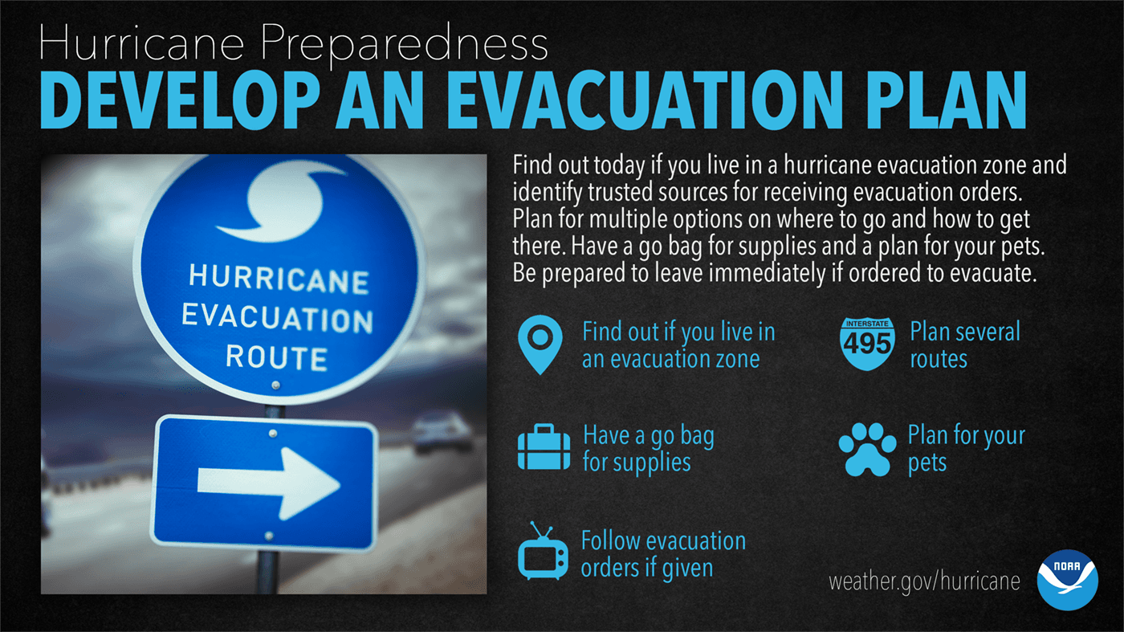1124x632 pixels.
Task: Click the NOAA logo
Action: point(1067,580)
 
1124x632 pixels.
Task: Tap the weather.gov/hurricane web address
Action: point(924,581)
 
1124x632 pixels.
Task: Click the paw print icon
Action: point(866,449)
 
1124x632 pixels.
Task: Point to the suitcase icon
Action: point(544,449)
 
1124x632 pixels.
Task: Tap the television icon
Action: point(543,552)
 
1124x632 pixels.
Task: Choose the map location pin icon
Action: point(540,344)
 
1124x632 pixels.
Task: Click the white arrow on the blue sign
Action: point(268,482)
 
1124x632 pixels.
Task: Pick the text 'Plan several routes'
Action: point(964,345)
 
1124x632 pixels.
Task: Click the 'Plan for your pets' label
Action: point(966,449)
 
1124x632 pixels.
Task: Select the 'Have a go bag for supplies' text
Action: point(648,449)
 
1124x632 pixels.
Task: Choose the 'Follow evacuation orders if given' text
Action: point(663,554)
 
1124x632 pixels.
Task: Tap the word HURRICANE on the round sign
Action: point(278,280)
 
